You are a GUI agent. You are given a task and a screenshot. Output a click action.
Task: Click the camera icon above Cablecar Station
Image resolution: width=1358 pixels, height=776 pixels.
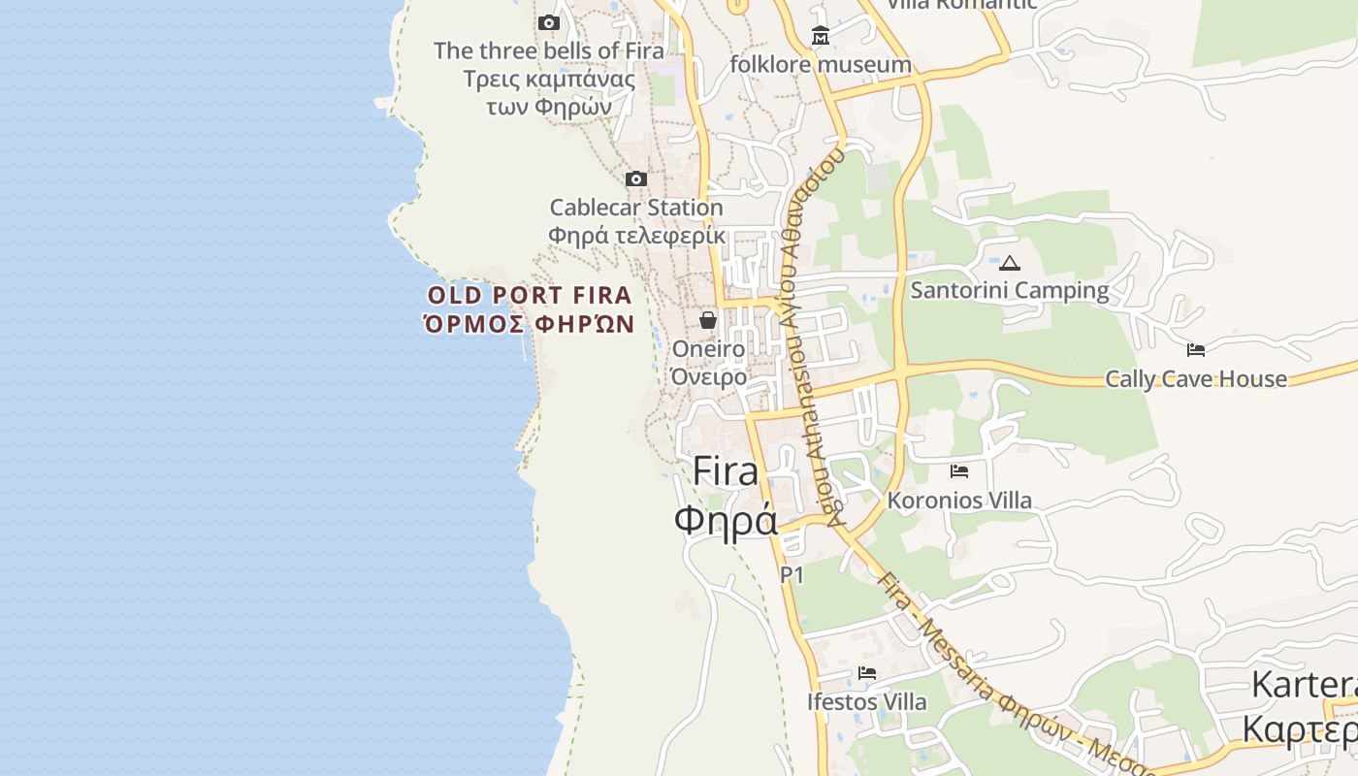[x=636, y=178]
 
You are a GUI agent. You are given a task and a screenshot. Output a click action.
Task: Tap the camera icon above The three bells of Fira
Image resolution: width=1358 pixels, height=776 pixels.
[x=549, y=22]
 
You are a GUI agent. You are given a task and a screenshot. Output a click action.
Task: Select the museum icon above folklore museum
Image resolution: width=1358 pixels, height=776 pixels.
[x=821, y=36]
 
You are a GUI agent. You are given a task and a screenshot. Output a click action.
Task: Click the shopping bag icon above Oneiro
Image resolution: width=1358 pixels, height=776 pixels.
[x=708, y=319]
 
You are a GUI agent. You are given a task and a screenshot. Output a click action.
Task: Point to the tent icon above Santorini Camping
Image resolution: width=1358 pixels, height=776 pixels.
[x=1010, y=263]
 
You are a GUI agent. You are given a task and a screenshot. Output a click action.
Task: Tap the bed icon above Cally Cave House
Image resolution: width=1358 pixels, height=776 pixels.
[x=1196, y=349]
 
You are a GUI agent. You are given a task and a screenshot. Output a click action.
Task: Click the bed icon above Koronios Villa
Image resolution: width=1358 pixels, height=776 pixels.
[x=959, y=471]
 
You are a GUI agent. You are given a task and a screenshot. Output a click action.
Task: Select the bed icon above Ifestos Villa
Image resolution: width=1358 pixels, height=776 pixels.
[x=867, y=672]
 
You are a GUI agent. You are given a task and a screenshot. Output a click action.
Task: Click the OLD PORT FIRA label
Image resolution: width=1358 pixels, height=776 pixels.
[x=530, y=295]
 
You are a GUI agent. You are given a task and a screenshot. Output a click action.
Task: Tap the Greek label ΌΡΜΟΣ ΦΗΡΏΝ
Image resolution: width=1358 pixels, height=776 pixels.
[x=530, y=324]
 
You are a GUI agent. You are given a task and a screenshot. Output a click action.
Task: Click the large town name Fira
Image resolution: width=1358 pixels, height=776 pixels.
[x=726, y=471]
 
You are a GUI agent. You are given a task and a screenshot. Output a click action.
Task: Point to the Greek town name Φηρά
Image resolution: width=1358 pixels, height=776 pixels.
[x=726, y=520]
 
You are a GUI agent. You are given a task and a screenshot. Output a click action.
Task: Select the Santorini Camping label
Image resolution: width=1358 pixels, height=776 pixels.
[x=1010, y=290]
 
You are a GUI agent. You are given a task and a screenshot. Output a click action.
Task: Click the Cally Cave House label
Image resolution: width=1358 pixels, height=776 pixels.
[x=1196, y=378]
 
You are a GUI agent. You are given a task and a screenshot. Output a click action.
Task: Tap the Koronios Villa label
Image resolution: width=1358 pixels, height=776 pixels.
[x=959, y=501]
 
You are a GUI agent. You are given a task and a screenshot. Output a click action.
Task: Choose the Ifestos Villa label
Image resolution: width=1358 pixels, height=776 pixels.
[x=867, y=700]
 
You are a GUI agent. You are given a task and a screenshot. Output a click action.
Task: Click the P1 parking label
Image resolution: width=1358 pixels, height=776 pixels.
[x=792, y=575]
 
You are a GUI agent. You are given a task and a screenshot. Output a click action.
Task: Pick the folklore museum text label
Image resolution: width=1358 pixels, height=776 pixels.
[x=821, y=65]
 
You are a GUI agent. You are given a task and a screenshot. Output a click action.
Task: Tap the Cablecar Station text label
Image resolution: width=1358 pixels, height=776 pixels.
[x=636, y=208]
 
